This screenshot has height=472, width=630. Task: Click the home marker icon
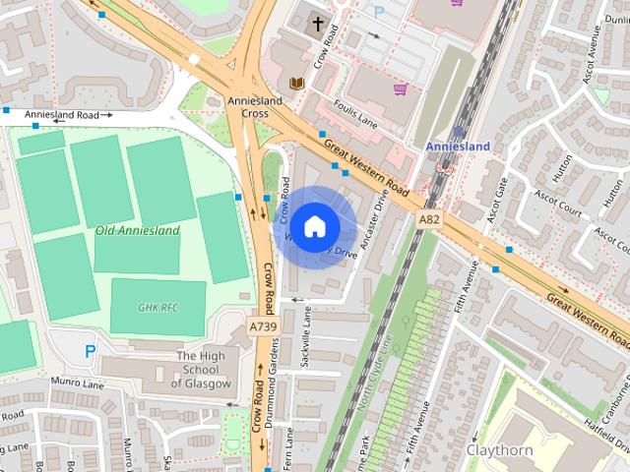(314, 226)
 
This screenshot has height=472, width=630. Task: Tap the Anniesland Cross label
(255, 107)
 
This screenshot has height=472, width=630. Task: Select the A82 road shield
(428, 220)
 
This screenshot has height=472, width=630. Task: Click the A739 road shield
(261, 325)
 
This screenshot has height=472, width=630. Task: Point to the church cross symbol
(318, 24)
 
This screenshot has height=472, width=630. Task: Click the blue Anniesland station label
(458, 147)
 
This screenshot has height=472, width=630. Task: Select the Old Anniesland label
(137, 231)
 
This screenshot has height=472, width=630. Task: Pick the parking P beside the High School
(90, 350)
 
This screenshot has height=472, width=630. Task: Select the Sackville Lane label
(306, 337)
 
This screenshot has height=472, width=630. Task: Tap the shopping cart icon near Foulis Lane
(400, 89)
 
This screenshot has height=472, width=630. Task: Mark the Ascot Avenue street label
(593, 65)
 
